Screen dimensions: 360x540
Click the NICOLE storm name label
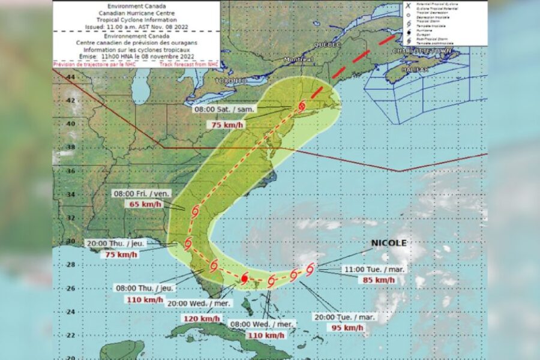(x=389, y=243)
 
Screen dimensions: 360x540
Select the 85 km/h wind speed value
(x=377, y=280)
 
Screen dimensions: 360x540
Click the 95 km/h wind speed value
(x=345, y=328)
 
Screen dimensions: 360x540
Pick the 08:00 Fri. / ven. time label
(x=142, y=194)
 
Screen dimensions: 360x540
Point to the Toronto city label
(x=231, y=80)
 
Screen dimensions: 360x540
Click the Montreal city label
(x=298, y=60)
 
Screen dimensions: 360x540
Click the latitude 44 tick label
(x=71, y=77)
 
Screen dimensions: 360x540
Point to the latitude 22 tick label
(x=71, y=335)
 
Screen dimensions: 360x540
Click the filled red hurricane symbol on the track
(x=244, y=278)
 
